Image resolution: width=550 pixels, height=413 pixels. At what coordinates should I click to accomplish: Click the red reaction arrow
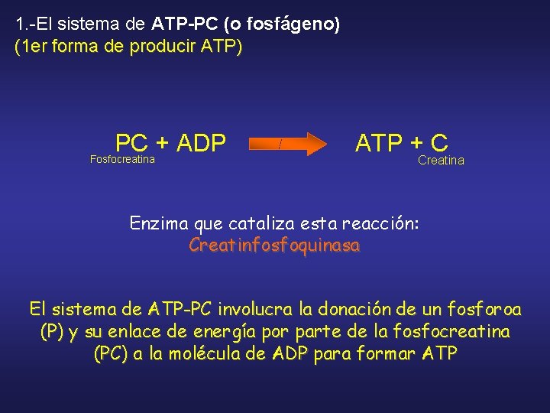(x=290, y=144)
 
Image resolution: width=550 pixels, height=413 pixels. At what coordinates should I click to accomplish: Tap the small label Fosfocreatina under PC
(x=122, y=159)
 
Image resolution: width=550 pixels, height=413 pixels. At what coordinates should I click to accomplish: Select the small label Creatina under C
(x=441, y=160)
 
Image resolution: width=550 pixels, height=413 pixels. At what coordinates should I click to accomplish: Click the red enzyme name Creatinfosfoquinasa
(x=274, y=246)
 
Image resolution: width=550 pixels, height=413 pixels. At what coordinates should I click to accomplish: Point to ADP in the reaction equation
(x=201, y=143)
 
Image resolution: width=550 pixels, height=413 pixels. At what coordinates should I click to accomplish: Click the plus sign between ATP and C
(x=416, y=143)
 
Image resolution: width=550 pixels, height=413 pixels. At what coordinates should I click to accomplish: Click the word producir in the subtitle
(x=163, y=47)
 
